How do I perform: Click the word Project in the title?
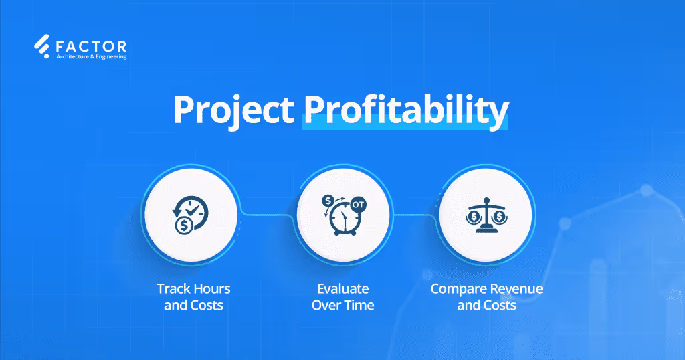tap(233, 110)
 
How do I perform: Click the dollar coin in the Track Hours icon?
tap(183, 226)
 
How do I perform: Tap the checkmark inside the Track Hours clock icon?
tap(195, 209)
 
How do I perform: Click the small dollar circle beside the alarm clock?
tap(328, 200)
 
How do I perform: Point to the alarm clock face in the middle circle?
tap(344, 222)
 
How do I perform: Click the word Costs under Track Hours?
tap(207, 306)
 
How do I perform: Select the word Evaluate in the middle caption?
tap(342, 289)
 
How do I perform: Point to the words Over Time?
tap(342, 306)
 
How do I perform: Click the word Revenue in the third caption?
tap(514, 289)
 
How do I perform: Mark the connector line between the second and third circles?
tap(415, 215)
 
